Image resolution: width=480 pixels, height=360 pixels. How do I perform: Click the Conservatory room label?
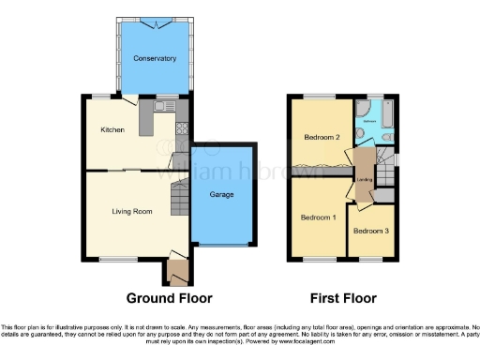(x=155, y=59)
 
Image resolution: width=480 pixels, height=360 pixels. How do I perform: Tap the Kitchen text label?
(x=113, y=130)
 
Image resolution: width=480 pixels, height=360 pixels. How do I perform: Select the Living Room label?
(x=132, y=212)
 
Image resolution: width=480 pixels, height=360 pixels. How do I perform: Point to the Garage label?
(x=221, y=195)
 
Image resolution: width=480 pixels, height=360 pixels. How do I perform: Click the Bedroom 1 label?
(x=318, y=217)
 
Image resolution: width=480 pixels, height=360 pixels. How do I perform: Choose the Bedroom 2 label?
(x=321, y=137)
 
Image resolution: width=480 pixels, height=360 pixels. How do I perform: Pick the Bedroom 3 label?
(x=369, y=231)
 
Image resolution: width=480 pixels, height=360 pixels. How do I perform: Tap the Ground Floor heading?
(x=169, y=298)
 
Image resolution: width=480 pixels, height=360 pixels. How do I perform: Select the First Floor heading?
(x=343, y=298)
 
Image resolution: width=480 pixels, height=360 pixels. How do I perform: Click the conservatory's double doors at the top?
(x=155, y=20)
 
